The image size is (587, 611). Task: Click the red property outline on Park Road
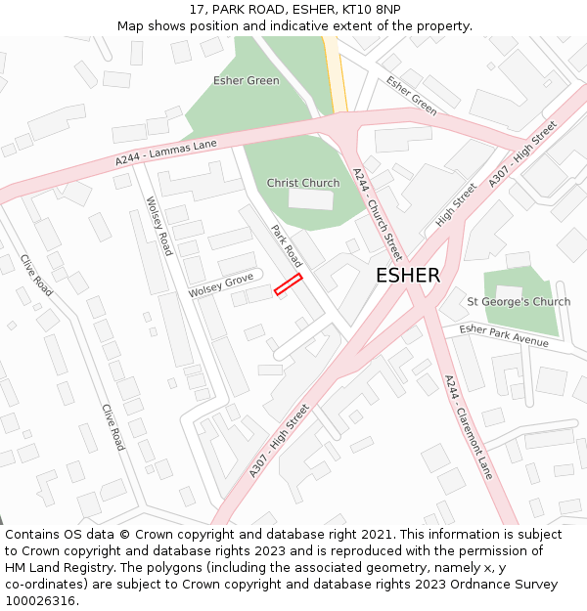click(x=288, y=284)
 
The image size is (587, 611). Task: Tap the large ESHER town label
click(x=408, y=276)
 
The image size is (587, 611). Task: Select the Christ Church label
click(x=303, y=183)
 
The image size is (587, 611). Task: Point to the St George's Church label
click(x=519, y=302)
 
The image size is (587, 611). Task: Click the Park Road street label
click(x=287, y=246)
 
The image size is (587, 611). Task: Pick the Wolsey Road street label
click(x=158, y=226)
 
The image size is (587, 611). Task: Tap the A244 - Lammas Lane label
click(x=166, y=153)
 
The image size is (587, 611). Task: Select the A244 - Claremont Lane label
click(x=468, y=426)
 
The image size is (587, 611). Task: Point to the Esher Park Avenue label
click(x=504, y=335)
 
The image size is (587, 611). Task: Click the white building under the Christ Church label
click(x=310, y=199)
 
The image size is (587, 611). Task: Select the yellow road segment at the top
click(x=336, y=73)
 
